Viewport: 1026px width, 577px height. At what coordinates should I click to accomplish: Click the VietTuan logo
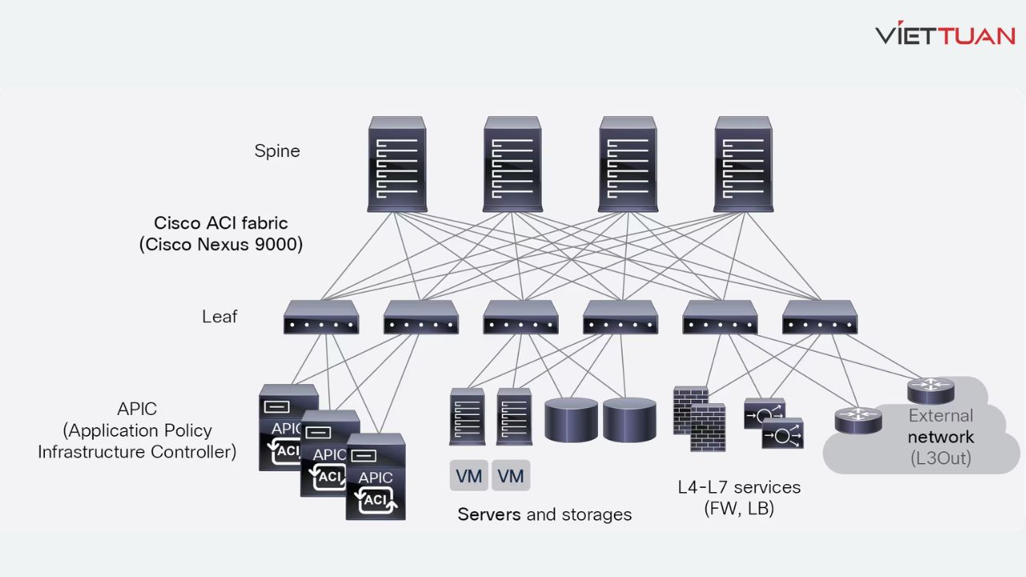[x=945, y=34]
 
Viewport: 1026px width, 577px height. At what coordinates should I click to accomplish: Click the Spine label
[x=277, y=151]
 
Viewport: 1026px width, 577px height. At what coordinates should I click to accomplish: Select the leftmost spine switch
[x=397, y=164]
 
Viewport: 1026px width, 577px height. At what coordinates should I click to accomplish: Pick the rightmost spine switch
[x=743, y=164]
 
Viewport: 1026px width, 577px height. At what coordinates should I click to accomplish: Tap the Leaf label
[x=219, y=317]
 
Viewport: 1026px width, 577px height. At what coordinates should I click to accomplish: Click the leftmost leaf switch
[x=321, y=317]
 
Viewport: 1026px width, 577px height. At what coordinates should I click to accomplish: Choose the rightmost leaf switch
[x=819, y=317]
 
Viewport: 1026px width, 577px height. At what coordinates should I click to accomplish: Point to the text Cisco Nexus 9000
[x=221, y=244]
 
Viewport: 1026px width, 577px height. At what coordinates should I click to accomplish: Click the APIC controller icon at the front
[x=375, y=477]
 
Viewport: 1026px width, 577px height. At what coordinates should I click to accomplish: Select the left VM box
[x=468, y=476]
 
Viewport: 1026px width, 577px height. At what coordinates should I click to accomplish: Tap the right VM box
[x=511, y=476]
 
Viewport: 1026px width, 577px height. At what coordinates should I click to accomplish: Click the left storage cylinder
[x=571, y=419]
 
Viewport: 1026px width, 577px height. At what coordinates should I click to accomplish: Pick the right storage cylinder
[x=629, y=419]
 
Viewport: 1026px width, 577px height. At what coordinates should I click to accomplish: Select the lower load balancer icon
[x=782, y=434]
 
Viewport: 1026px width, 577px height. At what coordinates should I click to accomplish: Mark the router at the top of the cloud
[x=931, y=391]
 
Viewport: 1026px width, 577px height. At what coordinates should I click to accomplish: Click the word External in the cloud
[x=940, y=416]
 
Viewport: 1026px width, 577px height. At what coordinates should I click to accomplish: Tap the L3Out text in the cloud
[x=940, y=458]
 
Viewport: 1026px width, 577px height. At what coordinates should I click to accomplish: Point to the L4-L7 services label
[x=738, y=487]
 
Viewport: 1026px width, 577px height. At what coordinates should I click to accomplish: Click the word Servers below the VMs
[x=489, y=514]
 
